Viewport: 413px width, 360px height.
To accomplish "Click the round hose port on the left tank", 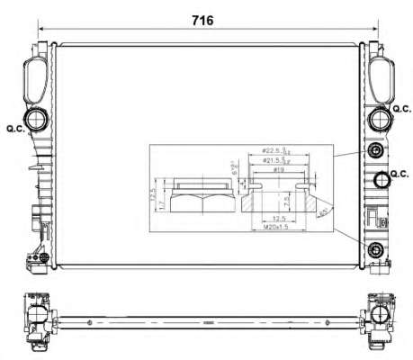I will (38, 120).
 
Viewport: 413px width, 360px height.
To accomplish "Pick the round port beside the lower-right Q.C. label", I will (382, 179).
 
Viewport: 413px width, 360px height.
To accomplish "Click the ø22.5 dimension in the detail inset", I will (273, 150).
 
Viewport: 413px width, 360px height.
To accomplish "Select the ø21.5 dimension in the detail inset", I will (273, 160).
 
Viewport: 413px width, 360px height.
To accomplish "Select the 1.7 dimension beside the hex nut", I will (160, 205).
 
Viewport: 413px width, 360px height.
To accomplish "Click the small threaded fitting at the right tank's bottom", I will (375, 248).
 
